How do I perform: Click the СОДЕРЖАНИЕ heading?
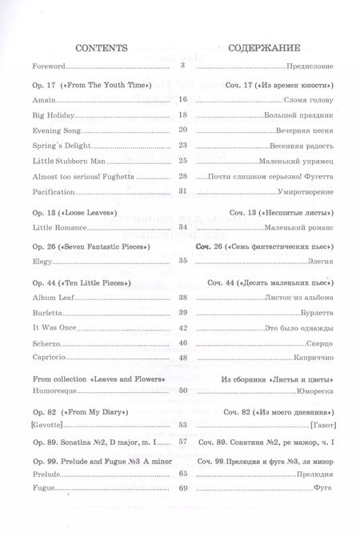coord(268,46)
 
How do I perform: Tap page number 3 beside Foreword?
coord(183,66)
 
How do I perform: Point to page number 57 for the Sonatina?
coord(182,442)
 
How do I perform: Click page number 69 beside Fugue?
coord(182,489)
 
